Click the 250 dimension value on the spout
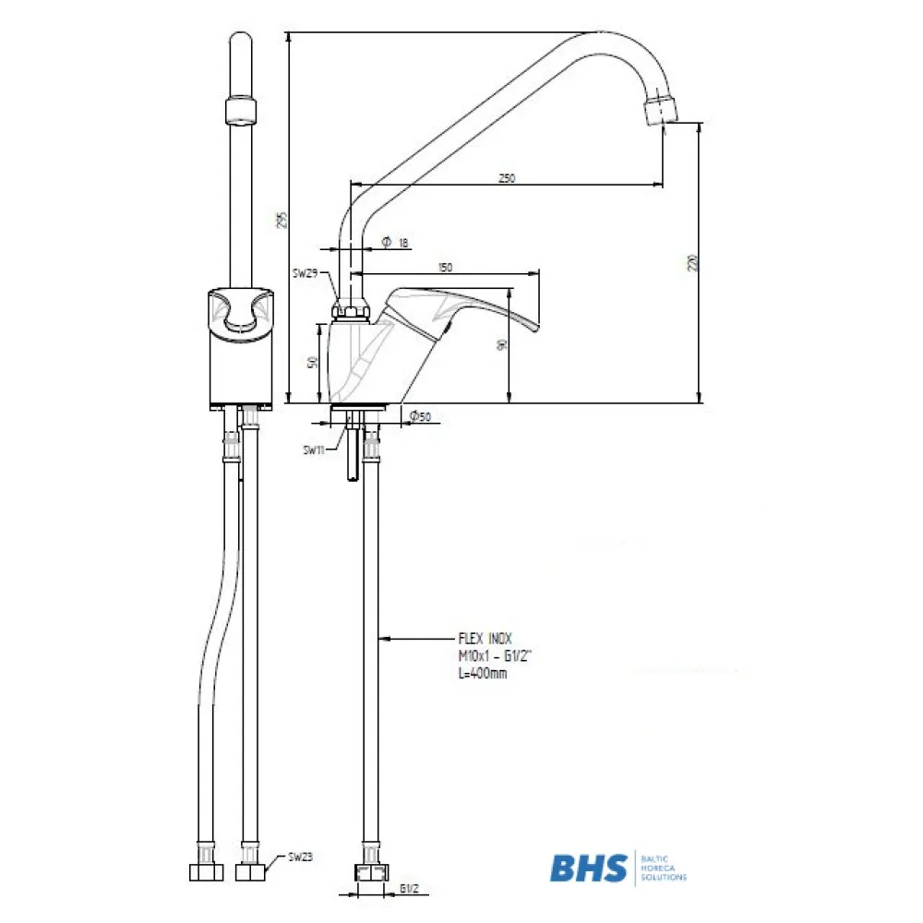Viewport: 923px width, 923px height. tap(506, 178)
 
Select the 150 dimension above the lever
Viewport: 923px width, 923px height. tap(446, 268)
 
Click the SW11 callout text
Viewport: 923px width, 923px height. tap(314, 450)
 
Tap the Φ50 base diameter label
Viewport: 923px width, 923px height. tap(420, 417)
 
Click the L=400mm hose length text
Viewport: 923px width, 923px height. tap(482, 673)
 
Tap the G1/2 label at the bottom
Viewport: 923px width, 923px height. tap(411, 890)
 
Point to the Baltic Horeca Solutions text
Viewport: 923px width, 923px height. tap(663, 869)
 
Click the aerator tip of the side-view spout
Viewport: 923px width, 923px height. tap(659, 109)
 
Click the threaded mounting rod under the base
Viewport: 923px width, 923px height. tap(354, 452)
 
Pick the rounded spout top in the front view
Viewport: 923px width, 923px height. tap(241, 46)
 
